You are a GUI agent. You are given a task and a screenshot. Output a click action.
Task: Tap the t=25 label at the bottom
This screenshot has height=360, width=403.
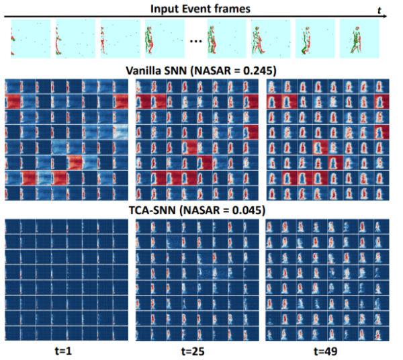pos(196,349)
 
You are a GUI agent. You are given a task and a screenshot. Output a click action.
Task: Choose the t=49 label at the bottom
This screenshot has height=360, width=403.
pos(327,349)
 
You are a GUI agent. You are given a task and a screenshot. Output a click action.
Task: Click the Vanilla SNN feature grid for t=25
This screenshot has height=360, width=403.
pos(197,140)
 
